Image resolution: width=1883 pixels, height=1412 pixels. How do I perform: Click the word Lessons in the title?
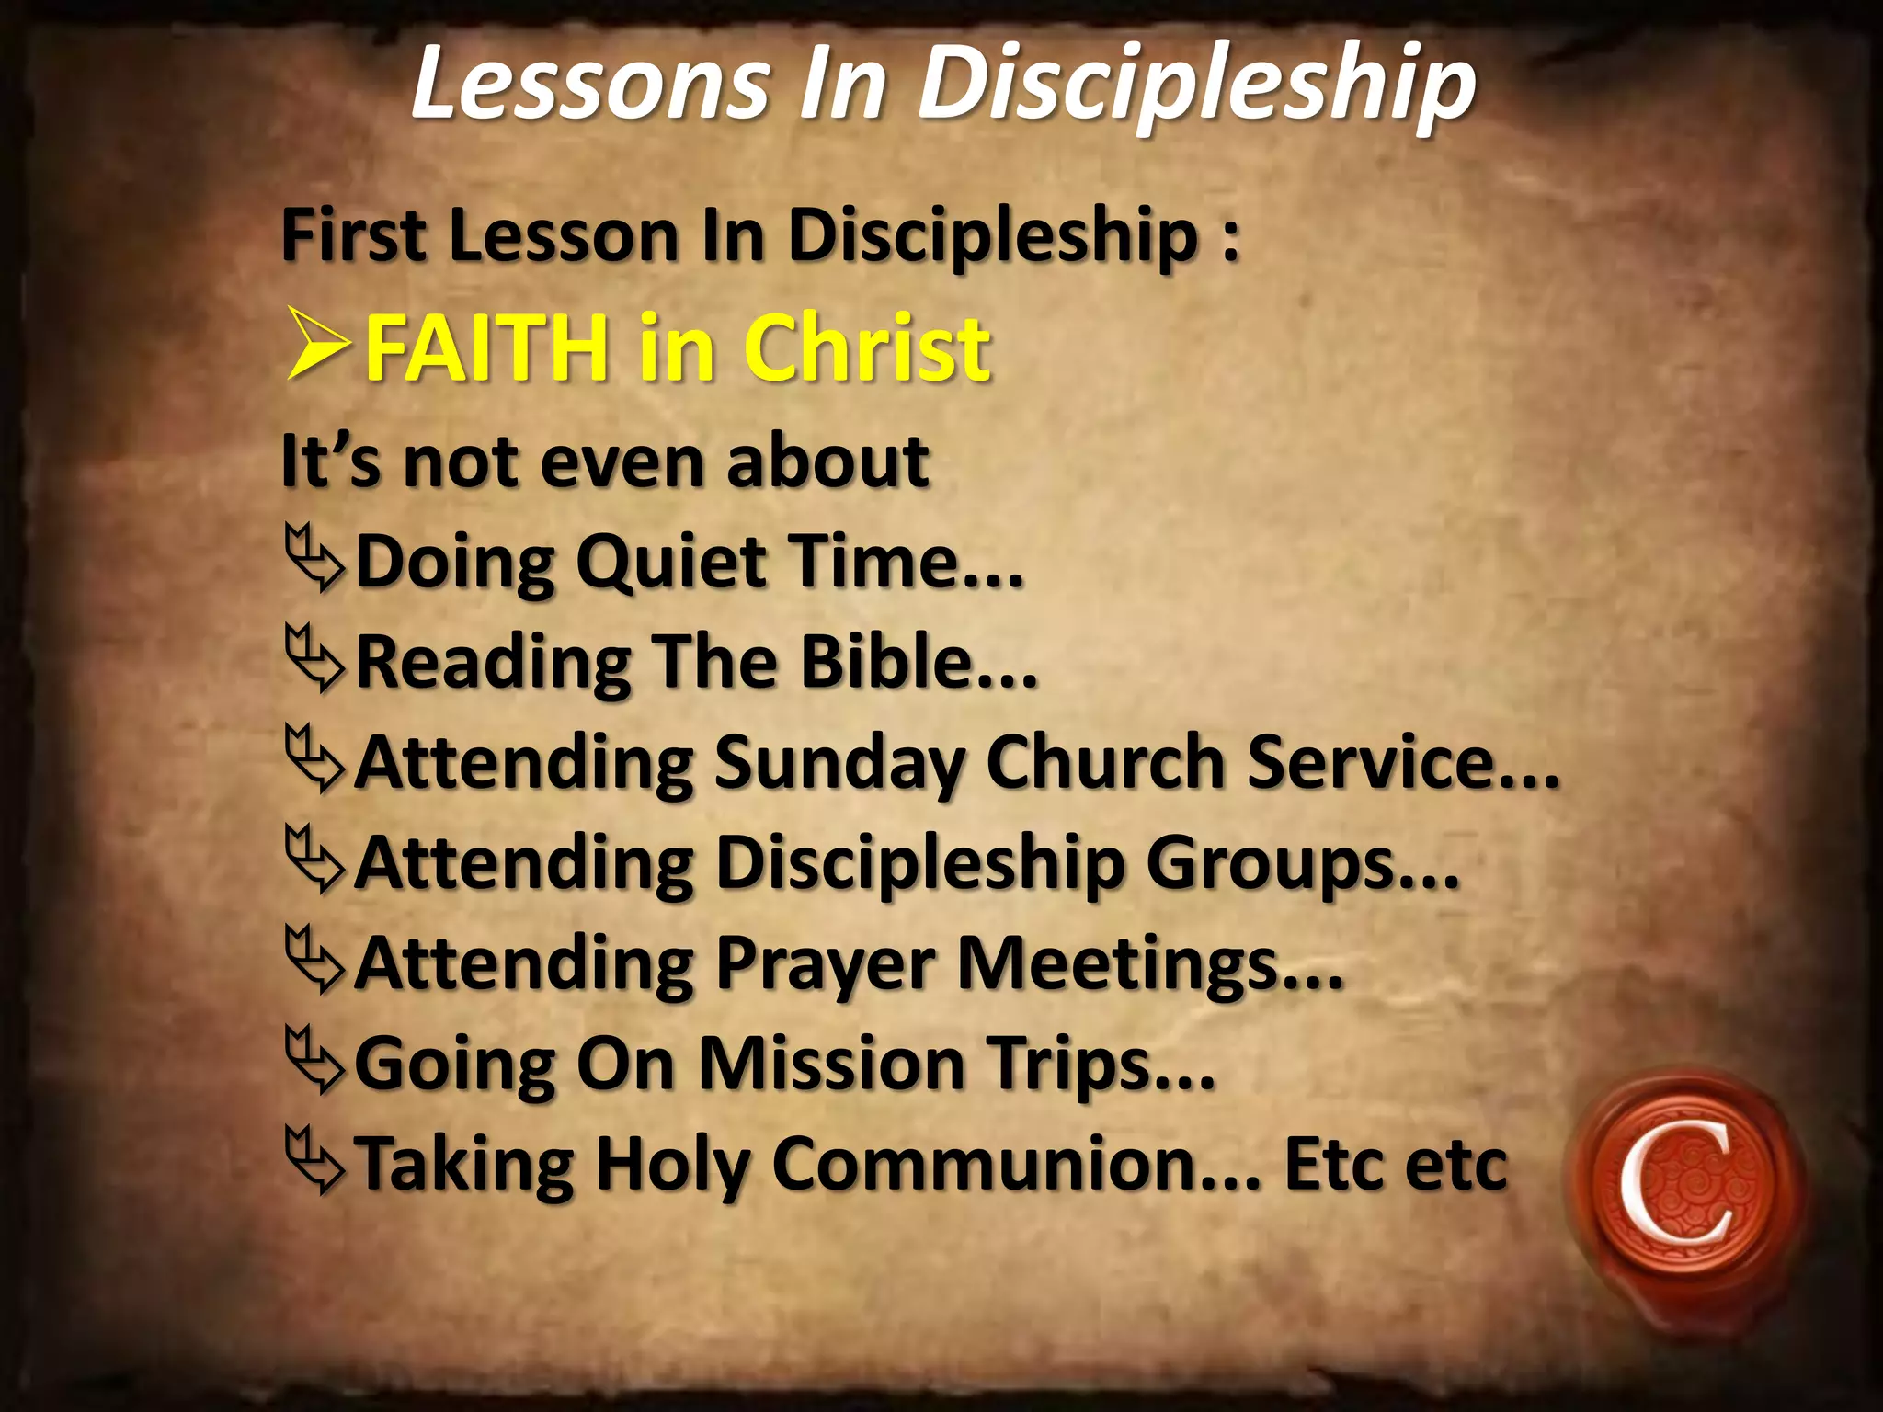point(589,84)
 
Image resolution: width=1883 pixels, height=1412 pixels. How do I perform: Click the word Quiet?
point(670,563)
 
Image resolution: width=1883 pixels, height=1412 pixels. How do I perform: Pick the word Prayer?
point(826,965)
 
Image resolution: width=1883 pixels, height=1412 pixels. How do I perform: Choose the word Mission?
point(831,1064)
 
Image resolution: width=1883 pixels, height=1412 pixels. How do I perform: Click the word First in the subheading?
point(354,235)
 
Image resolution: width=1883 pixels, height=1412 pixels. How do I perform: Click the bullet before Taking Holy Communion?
point(314,1161)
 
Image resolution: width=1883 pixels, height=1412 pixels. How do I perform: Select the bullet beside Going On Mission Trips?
point(314,1061)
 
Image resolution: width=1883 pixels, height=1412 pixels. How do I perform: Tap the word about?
point(827,461)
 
